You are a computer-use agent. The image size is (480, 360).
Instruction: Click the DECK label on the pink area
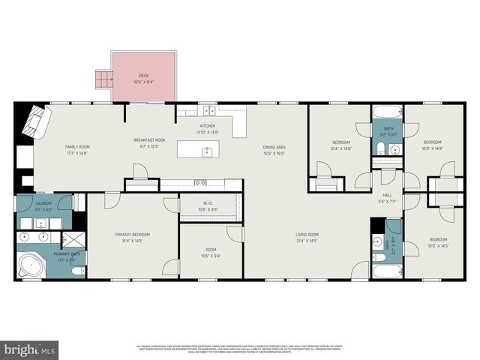143,76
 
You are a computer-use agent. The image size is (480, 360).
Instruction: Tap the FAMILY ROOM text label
76,147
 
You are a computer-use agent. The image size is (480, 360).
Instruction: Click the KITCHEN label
208,126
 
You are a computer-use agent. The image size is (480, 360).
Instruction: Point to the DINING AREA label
273,147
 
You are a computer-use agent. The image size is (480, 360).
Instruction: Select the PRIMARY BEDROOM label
132,235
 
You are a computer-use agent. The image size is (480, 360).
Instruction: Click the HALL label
388,196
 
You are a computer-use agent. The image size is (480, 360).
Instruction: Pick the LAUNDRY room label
43,203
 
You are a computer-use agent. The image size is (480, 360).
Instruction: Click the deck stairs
103,79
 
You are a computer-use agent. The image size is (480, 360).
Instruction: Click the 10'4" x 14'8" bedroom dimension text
342,148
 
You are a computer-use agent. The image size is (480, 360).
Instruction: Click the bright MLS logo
30,349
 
